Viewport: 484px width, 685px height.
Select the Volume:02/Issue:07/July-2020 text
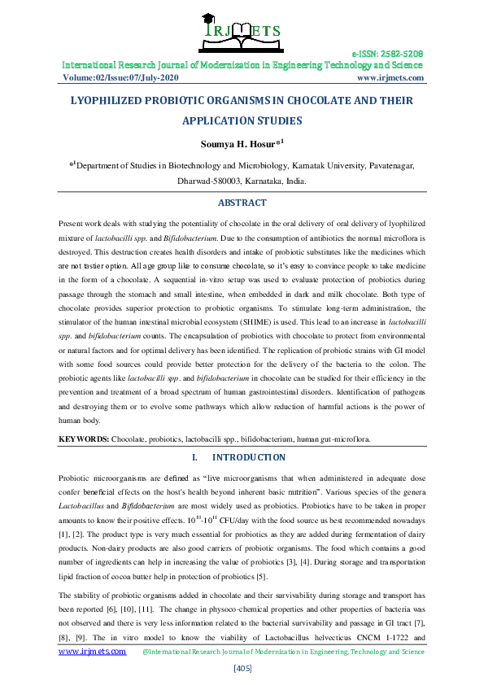pos(120,78)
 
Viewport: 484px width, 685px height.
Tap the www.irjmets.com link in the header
pos(390,78)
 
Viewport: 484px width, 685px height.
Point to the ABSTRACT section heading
pos(242,203)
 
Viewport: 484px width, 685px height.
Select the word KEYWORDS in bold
pos(83,439)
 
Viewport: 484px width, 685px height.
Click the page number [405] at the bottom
pos(242,668)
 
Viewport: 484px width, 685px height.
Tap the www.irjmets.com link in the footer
pos(92,651)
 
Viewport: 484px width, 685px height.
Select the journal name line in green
pos(242,65)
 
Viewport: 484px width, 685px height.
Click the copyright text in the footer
pos(282,651)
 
